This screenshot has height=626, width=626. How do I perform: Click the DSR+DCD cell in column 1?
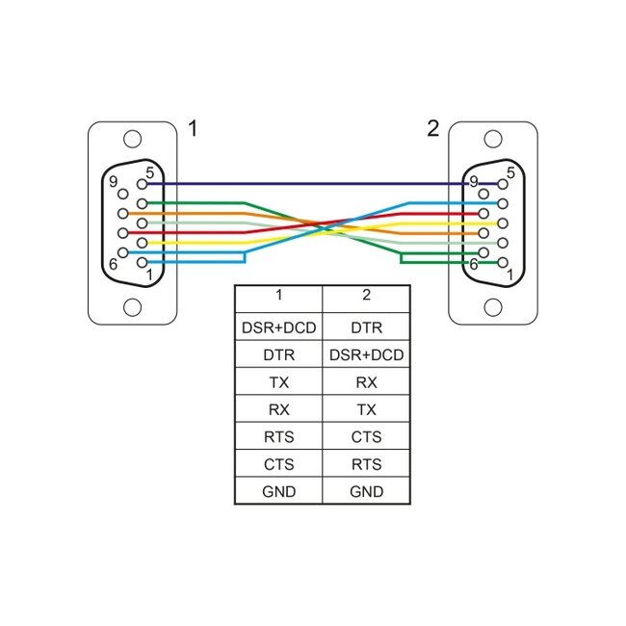coord(278,327)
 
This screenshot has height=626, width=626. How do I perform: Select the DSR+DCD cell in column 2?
coord(365,354)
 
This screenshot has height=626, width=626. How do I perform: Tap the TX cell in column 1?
coord(278,382)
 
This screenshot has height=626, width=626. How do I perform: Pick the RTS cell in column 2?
coord(365,464)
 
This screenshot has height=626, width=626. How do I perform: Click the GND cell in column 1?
coord(278,492)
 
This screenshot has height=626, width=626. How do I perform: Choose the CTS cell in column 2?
coord(365,437)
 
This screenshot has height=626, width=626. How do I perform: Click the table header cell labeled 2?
coord(365,296)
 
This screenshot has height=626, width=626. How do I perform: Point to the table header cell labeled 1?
coord(278,296)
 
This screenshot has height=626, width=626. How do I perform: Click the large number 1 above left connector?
coord(193,128)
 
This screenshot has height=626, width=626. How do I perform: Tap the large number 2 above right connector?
coord(432,128)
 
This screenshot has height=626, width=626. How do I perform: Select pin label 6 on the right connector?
coord(473,262)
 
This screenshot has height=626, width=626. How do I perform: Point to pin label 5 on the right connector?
coord(510,173)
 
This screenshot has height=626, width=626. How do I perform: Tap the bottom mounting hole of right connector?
coord(493,307)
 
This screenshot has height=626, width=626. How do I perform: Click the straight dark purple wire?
coord(308,183)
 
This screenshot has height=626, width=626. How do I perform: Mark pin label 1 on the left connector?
coord(148,274)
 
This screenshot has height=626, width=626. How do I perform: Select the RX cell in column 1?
coord(278,409)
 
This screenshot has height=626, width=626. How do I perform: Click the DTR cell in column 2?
coord(365,327)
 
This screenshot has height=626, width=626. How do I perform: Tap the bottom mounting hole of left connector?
coord(133,307)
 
